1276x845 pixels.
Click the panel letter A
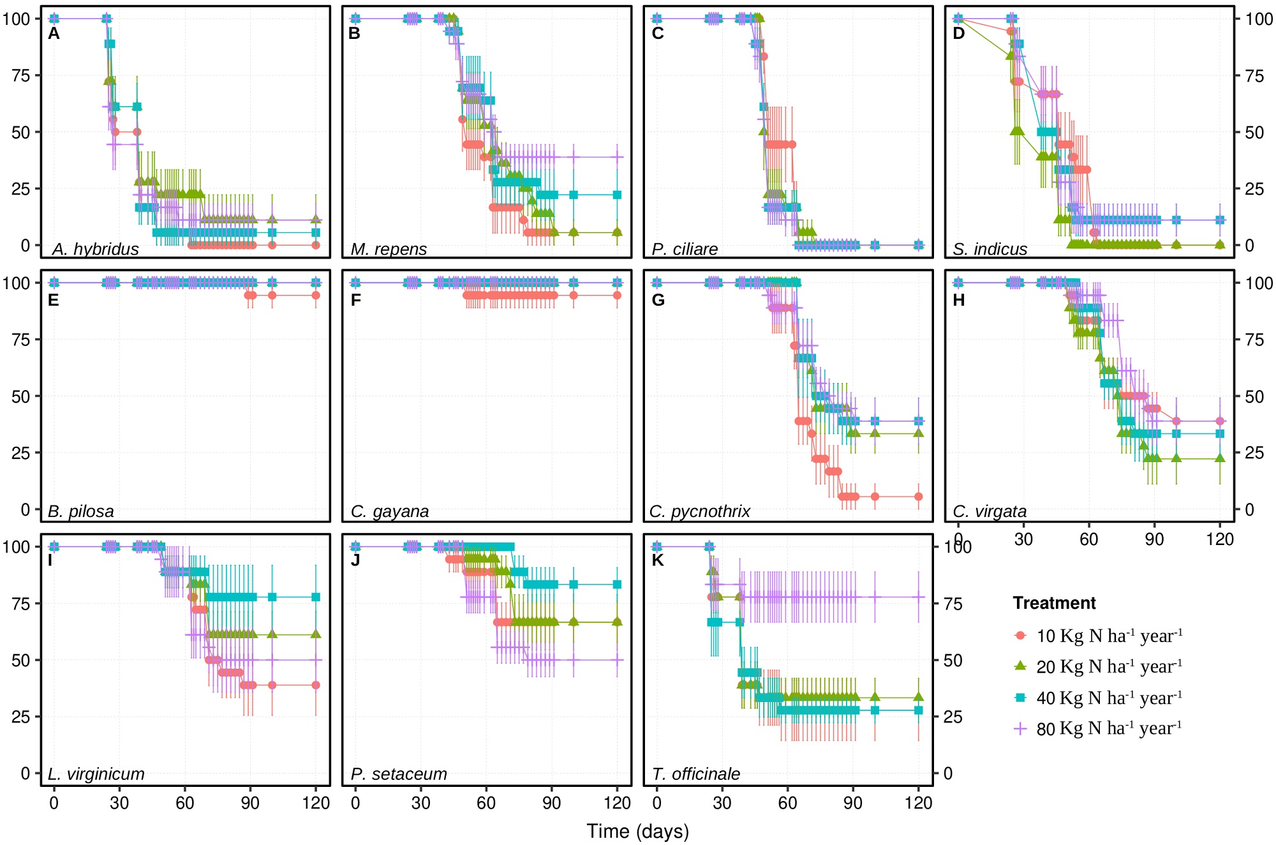click(54, 33)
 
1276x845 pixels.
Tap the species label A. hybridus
click(96, 249)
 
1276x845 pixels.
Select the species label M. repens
click(389, 249)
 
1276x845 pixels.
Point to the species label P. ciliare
click(685, 249)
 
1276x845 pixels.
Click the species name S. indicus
click(990, 249)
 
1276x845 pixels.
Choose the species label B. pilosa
click(81, 511)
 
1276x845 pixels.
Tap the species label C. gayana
click(390, 511)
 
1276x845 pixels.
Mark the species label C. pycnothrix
click(700, 511)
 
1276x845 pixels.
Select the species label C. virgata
click(990, 511)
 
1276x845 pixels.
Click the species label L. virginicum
click(96, 774)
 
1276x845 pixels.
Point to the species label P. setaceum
click(399, 774)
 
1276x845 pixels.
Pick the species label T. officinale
click(696, 774)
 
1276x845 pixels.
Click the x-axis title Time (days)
click(637, 831)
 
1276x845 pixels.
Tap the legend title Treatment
click(1054, 603)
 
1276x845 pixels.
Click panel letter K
click(658, 560)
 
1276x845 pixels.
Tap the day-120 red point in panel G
click(918, 497)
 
